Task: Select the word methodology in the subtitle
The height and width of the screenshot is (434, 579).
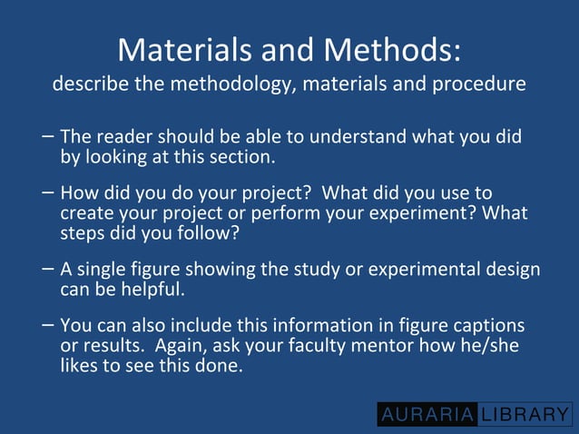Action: [x=239, y=85]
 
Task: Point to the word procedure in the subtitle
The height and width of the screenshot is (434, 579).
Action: [x=485, y=85]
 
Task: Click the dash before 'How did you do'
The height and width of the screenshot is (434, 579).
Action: [x=47, y=192]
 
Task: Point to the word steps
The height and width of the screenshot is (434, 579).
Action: [x=83, y=232]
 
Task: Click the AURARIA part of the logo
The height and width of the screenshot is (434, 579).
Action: [x=427, y=415]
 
